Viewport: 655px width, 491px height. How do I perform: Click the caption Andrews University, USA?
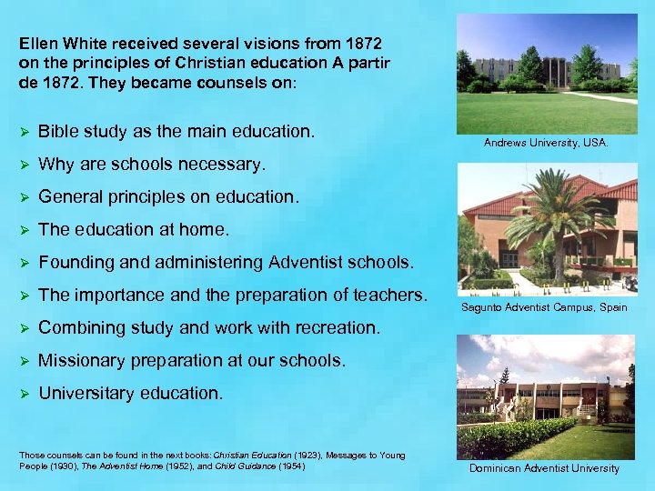click(546, 143)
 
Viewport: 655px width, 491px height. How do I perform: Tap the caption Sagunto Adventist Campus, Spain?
click(545, 307)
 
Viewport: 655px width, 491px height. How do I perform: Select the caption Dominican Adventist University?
click(544, 468)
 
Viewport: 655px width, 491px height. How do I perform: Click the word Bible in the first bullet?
click(59, 132)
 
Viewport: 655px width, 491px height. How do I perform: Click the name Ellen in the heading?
click(39, 43)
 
